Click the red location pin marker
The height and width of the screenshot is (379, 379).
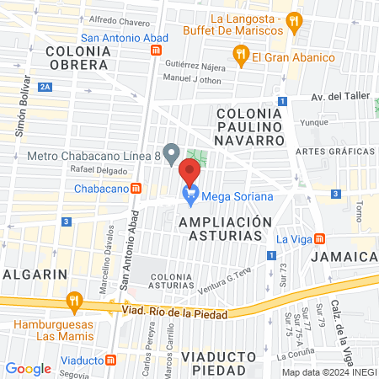tap(189, 172)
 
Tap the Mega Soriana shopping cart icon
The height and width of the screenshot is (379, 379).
tap(190, 197)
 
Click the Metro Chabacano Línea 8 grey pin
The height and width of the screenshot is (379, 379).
tap(172, 155)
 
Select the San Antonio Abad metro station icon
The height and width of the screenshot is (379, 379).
tap(156, 51)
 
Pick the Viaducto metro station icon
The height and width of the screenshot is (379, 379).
tap(110, 360)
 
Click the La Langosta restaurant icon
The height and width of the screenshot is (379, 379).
tap(293, 20)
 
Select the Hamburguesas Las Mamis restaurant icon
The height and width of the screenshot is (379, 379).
tap(74, 301)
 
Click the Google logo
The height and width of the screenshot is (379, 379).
tap(28, 368)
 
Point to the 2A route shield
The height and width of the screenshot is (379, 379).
tap(45, 86)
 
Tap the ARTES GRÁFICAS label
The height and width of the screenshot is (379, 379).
tap(336, 151)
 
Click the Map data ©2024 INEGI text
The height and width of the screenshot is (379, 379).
tap(328, 372)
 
